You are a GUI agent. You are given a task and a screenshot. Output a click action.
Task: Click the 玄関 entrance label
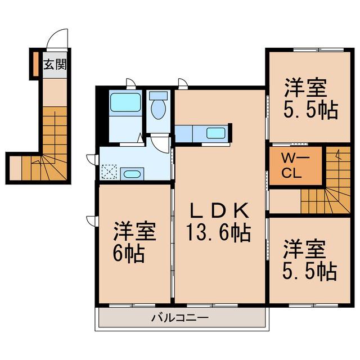pos(55,64)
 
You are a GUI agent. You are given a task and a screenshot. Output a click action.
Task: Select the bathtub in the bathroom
pos(125,102)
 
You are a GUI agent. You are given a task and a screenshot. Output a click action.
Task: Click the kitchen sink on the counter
pos(215,133)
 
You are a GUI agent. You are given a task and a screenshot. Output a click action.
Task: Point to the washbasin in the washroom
pos(132,174)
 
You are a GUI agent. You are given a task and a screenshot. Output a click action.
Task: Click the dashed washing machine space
pos(109,172)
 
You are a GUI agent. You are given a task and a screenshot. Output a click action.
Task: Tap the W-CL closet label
pos(292,166)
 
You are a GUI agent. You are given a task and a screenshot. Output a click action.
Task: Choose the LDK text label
pos(220,210)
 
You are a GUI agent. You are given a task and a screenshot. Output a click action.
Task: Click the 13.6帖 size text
pos(218,232)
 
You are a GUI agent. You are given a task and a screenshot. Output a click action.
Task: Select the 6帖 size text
pos(129,254)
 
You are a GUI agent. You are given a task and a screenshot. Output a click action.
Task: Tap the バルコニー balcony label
pos(180,318)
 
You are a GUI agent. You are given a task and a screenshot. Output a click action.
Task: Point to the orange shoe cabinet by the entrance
pos(35,64)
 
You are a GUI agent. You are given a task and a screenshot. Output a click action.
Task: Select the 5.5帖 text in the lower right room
pos(310,272)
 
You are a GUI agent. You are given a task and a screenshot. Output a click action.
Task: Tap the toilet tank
pos(158,95)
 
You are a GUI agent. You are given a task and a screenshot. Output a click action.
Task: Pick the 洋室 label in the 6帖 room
pos(134,231)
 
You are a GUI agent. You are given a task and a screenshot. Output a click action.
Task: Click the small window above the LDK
pos(183,84)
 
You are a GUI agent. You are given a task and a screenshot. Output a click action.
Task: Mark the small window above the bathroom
pos(131,84)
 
